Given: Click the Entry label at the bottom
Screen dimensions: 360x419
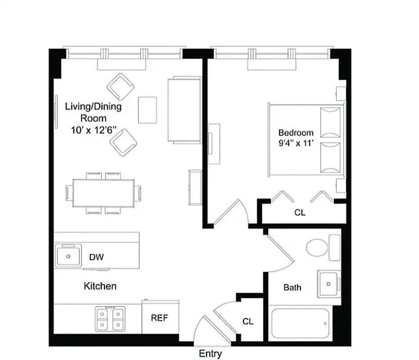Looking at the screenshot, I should pyautogui.click(x=210, y=354).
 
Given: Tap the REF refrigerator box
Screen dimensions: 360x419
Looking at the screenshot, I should pyautogui.click(x=160, y=318).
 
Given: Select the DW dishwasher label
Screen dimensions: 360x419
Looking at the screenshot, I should pyautogui.click(x=96, y=257).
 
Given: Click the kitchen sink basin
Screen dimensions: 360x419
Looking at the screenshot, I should pyautogui.click(x=69, y=256).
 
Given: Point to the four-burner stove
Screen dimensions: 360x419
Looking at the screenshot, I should pyautogui.click(x=110, y=319).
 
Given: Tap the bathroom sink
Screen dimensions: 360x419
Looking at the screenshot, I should pyautogui.click(x=329, y=284).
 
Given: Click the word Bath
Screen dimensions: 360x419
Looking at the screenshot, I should pyautogui.click(x=292, y=287).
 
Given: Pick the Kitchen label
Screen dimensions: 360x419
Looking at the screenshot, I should pyautogui.click(x=100, y=286).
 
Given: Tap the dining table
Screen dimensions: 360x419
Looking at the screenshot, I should pyautogui.click(x=104, y=193).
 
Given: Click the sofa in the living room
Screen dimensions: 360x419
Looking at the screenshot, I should pyautogui.click(x=184, y=110).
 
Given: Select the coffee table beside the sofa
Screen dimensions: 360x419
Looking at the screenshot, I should pyautogui.click(x=147, y=109).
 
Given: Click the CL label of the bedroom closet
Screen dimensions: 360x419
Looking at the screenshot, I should pyautogui.click(x=300, y=212).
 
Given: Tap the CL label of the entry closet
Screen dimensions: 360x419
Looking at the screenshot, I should pyautogui.click(x=248, y=321).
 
